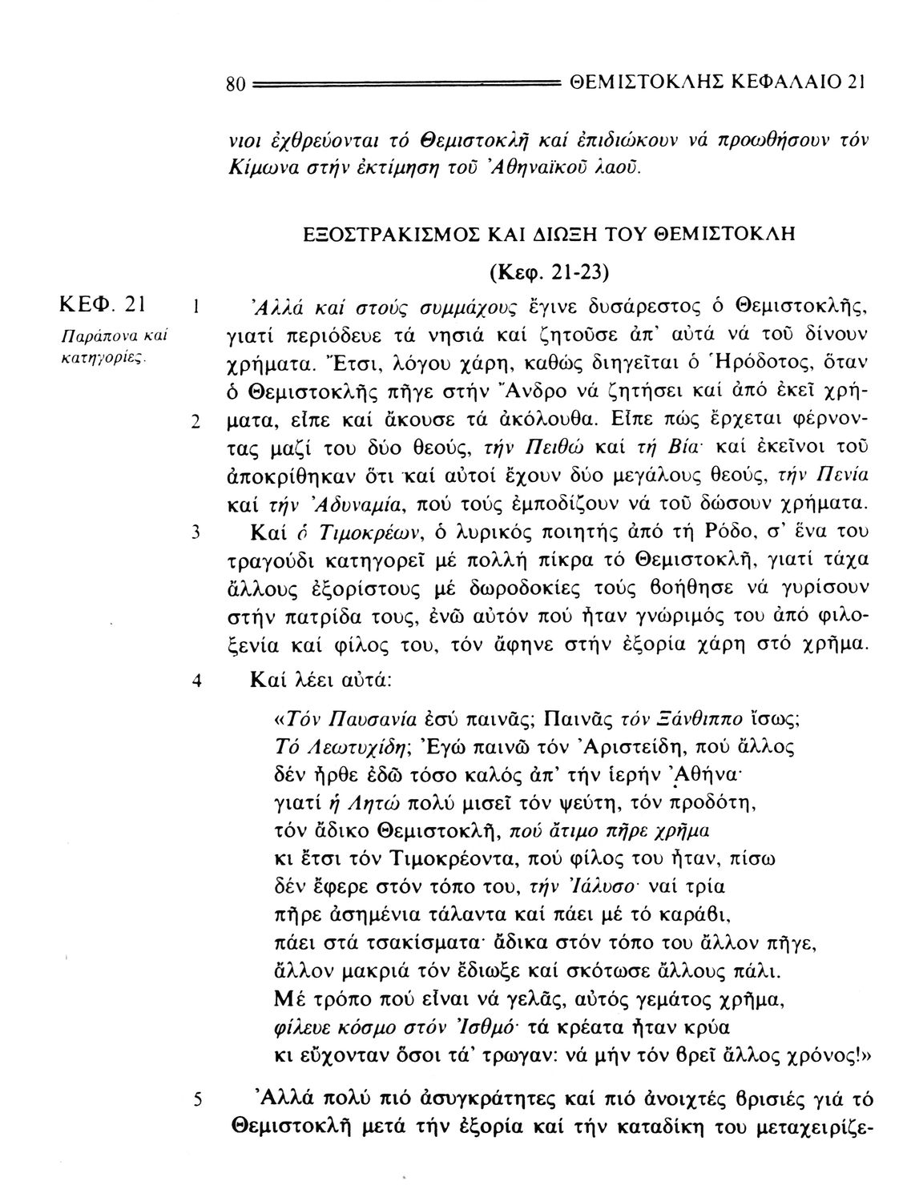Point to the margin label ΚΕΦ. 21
(x=102, y=305)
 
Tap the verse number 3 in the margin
(x=196, y=532)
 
